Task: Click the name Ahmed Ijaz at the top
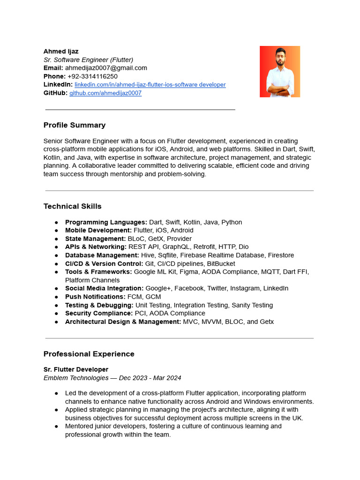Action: coord(61,51)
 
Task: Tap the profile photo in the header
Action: coord(280,71)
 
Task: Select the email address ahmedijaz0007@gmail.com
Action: coord(106,68)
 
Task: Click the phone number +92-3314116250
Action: coord(92,76)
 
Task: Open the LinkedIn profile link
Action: coord(150,85)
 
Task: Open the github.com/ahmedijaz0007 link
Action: coord(105,93)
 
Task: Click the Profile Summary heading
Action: coord(75,125)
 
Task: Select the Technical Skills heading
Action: coord(72,206)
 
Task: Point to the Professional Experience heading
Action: coord(89,354)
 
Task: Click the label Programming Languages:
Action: coord(106,222)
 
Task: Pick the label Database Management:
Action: coord(102,255)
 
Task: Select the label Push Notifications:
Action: coord(95,297)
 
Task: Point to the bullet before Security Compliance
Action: coord(57,314)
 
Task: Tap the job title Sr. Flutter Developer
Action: coord(76,369)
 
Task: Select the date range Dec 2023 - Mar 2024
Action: coord(150,378)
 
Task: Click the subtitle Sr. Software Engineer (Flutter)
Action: coord(89,60)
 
